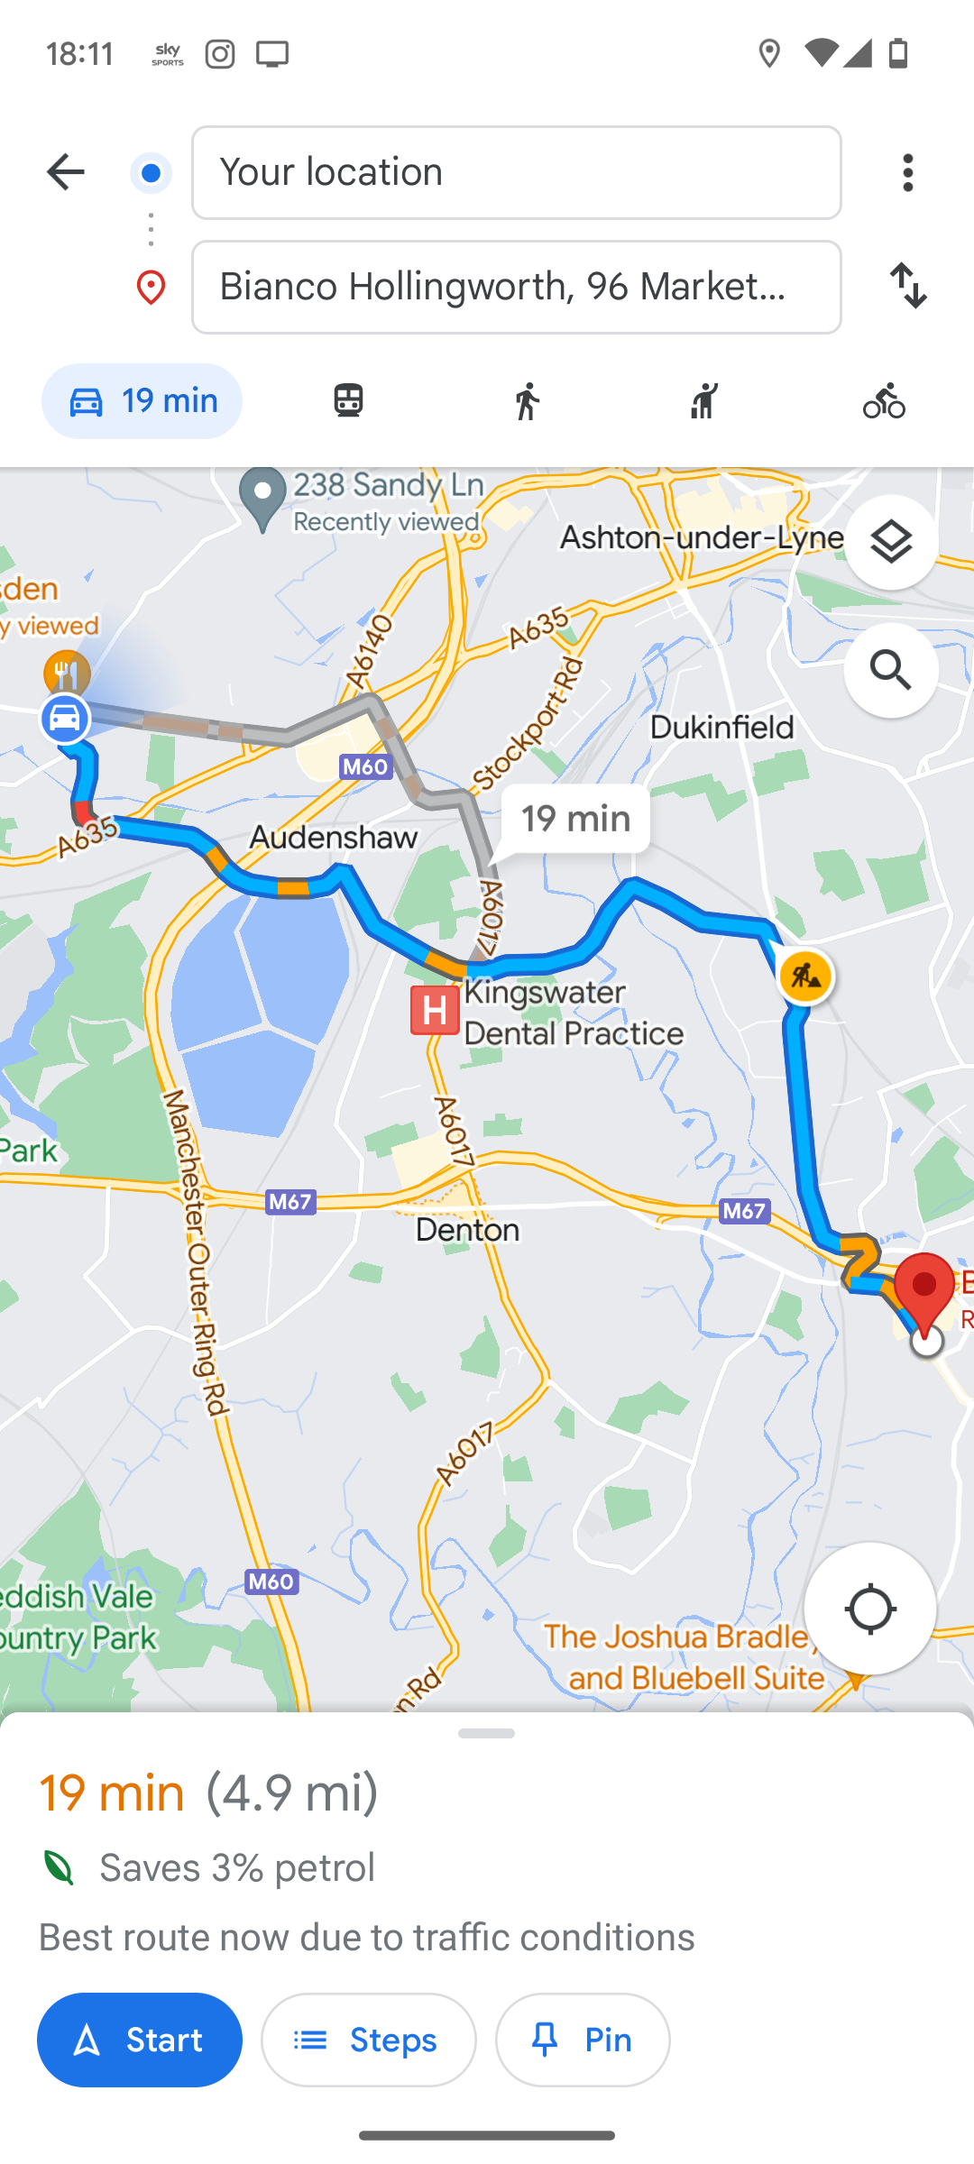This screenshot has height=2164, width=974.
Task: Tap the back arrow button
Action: tap(65, 172)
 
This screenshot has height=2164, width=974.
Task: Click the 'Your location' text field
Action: tap(516, 172)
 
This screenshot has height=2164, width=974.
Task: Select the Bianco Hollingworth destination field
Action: tap(516, 287)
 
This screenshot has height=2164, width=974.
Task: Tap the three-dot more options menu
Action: tap(907, 172)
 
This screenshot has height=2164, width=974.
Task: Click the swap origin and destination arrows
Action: tap(907, 286)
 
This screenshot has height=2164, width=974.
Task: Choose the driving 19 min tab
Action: tap(142, 401)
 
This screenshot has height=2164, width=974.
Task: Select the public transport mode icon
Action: tap(348, 401)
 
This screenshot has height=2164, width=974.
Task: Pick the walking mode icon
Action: tap(528, 401)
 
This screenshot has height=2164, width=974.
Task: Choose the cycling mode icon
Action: tap(884, 401)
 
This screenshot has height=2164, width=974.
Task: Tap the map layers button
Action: tap(891, 543)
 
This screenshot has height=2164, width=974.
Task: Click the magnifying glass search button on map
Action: tap(891, 671)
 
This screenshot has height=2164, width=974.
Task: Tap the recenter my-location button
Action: tap(869, 1609)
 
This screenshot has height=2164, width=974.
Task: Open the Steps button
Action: tap(368, 2040)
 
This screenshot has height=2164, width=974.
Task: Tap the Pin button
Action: tap(583, 2040)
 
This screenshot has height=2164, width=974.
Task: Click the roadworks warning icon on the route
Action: tap(805, 977)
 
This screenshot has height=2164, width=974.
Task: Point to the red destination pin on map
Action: tap(924, 1289)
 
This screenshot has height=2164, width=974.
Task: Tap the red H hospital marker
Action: tap(435, 1011)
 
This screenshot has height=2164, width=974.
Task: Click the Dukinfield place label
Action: tap(721, 728)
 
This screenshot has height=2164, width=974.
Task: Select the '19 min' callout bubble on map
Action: tap(575, 819)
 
